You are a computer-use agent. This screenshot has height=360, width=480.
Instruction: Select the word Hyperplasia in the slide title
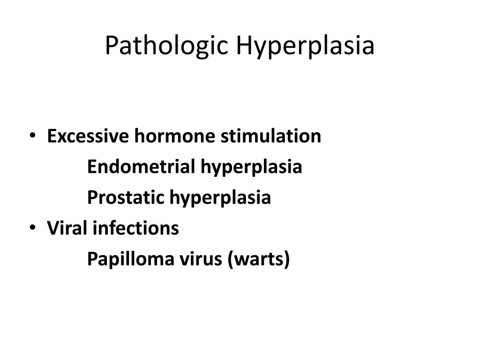(x=306, y=46)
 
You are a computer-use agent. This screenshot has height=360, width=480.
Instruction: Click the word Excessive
(x=88, y=137)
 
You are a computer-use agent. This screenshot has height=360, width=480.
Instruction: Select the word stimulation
(x=271, y=137)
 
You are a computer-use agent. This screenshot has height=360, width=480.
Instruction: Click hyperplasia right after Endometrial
(x=251, y=167)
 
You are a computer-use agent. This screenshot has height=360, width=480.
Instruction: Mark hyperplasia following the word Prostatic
(x=220, y=198)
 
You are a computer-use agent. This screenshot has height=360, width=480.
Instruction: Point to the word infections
(x=135, y=229)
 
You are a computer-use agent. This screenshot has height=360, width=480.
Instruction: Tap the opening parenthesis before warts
(x=232, y=260)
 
